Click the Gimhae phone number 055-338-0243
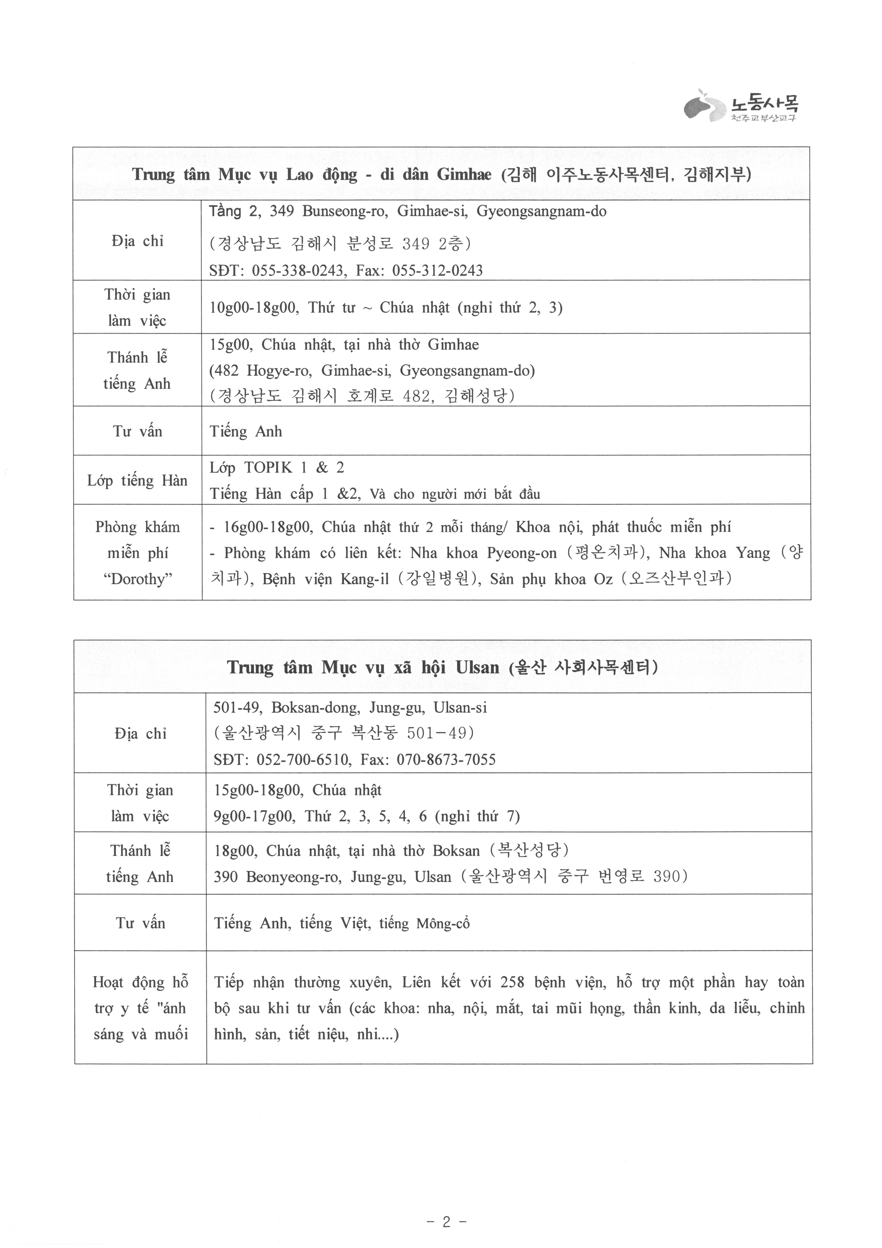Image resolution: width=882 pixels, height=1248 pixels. point(299,271)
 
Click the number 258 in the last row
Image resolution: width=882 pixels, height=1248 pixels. point(512,982)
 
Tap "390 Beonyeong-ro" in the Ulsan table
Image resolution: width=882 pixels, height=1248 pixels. point(277,877)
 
